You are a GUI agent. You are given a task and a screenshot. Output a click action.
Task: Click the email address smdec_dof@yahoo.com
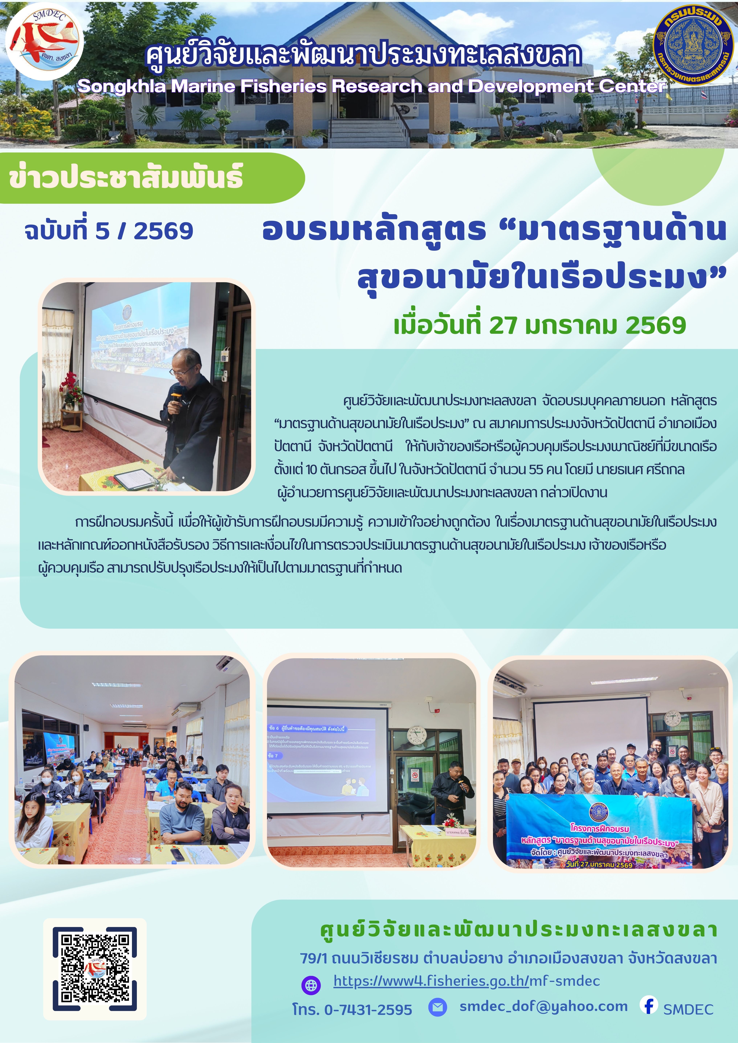coord(543,1006)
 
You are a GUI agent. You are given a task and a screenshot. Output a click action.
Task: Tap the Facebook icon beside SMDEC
coord(649,1005)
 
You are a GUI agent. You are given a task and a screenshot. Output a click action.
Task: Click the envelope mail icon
coord(438,1007)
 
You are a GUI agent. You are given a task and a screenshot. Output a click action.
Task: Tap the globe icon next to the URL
coord(311,985)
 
